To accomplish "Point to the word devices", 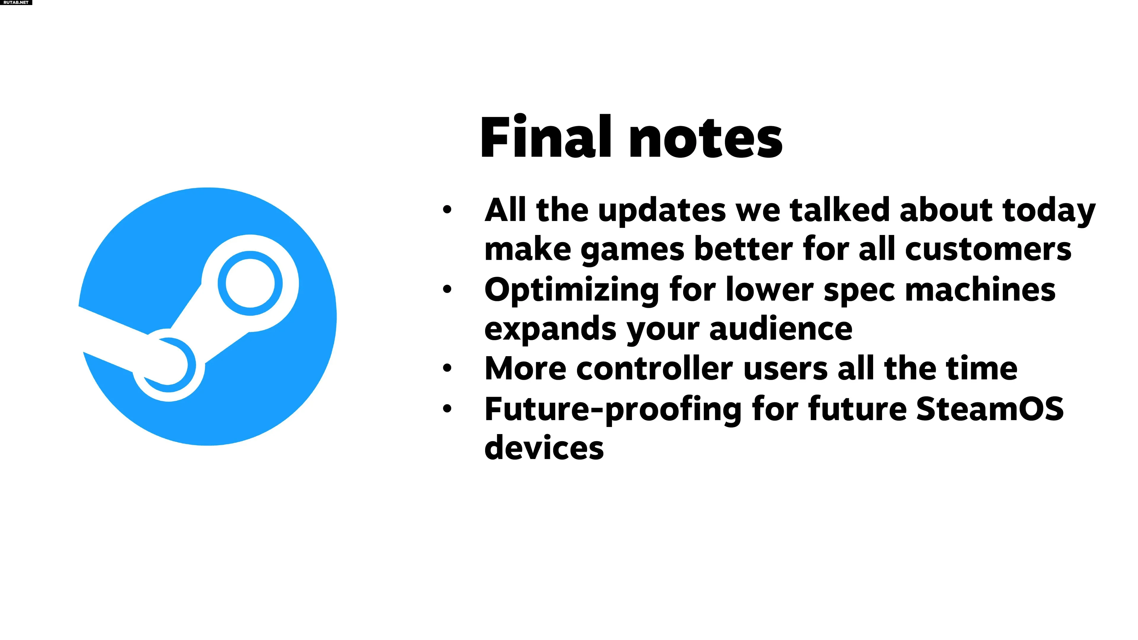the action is (544, 447).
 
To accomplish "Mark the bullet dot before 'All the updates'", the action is (447, 209).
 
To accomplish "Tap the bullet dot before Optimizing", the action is (447, 289).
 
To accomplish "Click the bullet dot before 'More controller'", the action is (447, 368).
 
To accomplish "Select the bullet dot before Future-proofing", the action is (447, 408).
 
